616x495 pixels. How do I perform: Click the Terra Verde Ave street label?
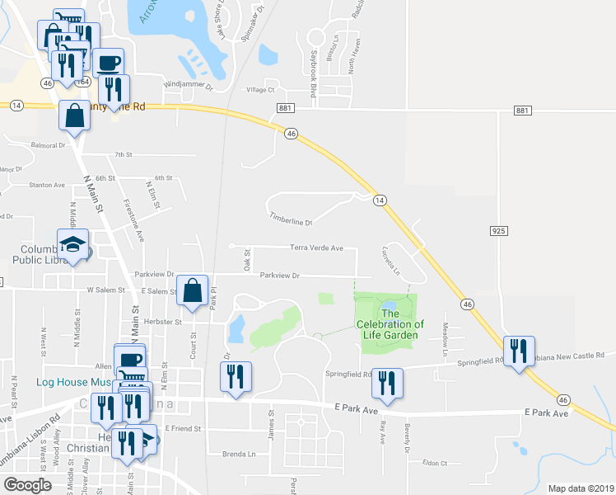click(316, 247)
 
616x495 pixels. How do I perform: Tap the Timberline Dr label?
click(292, 219)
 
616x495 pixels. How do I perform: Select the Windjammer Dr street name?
click(188, 86)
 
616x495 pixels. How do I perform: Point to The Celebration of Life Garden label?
click(390, 324)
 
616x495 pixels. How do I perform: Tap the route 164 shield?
click(83, 82)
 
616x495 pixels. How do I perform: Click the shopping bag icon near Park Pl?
click(192, 290)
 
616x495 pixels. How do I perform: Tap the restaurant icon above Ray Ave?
click(387, 383)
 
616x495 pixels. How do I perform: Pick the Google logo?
click(27, 485)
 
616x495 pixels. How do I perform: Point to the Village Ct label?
click(259, 90)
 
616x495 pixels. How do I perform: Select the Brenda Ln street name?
click(240, 454)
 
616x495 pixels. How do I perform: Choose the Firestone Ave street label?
click(133, 219)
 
